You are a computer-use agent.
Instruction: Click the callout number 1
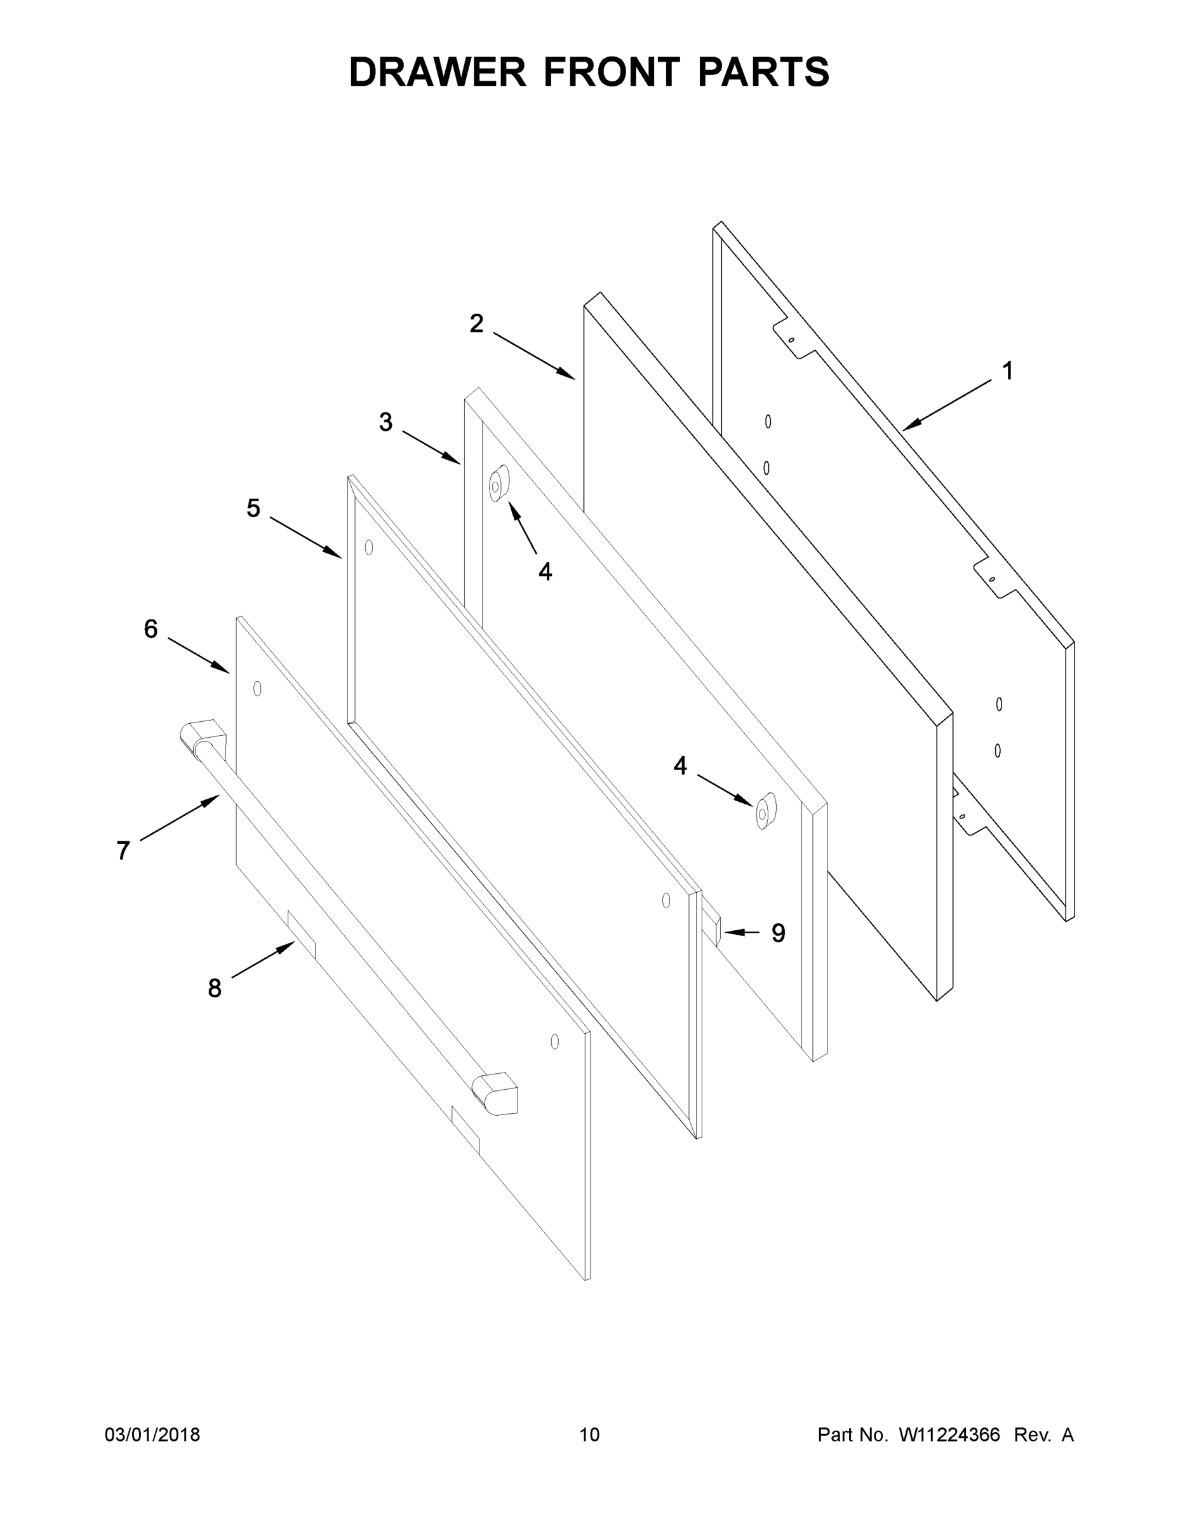(1007, 371)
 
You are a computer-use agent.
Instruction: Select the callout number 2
(477, 323)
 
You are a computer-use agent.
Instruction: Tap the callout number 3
(386, 422)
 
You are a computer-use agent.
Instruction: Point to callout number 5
(253, 508)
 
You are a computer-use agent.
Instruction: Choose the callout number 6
(151, 629)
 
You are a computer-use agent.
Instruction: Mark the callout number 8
(214, 987)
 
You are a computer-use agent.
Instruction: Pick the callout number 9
(778, 933)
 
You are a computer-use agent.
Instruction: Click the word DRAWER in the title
(438, 72)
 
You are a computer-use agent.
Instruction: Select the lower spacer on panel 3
(765, 811)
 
